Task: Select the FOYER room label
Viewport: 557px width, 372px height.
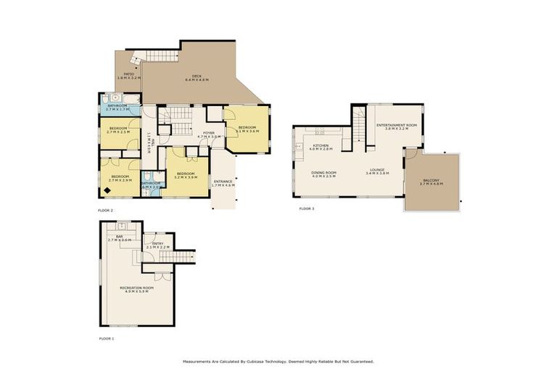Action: click(208, 134)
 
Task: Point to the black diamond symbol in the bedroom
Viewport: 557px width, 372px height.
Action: click(108, 190)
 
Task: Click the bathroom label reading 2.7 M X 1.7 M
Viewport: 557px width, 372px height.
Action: click(117, 108)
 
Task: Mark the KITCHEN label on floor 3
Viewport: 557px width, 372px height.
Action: click(321, 147)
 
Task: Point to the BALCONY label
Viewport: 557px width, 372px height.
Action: click(430, 182)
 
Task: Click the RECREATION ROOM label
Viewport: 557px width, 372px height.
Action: click(136, 290)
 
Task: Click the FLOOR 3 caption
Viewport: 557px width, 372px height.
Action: click(307, 209)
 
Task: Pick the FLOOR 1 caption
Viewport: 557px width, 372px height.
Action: click(107, 339)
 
